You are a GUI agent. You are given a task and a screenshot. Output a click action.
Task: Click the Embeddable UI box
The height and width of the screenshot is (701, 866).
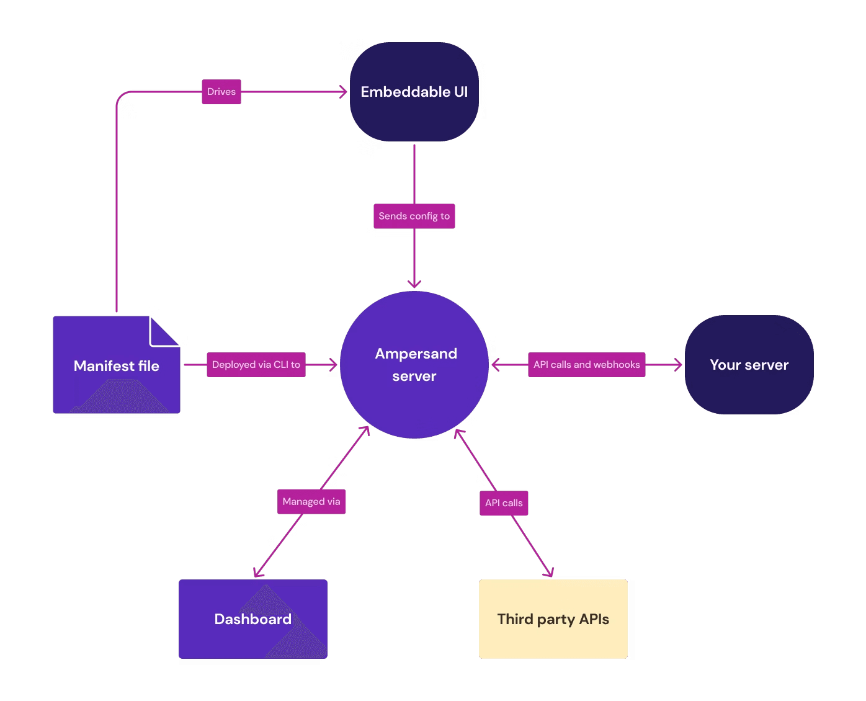(414, 92)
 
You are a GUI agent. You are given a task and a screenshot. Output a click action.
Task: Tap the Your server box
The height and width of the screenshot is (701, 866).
(749, 365)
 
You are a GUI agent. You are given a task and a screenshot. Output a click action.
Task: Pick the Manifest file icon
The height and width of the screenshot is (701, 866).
(116, 366)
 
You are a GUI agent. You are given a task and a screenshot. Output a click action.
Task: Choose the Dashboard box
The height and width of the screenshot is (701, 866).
(252, 619)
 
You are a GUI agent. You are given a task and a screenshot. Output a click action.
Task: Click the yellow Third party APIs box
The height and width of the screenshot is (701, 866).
(553, 619)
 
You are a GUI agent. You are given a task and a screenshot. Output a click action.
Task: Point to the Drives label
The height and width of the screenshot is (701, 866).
(221, 92)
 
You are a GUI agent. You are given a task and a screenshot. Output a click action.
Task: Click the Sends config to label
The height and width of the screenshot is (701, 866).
(414, 216)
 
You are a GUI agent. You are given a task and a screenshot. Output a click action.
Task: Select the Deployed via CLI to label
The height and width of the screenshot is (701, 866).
(256, 365)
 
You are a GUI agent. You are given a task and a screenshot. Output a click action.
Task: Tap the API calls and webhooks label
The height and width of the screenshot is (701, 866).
(586, 365)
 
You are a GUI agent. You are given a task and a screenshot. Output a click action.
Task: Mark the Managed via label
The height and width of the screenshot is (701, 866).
(311, 501)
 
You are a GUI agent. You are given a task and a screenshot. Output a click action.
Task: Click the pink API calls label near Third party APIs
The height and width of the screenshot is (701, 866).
(504, 502)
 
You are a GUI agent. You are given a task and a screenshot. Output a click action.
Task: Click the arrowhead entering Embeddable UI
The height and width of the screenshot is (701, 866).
(342, 92)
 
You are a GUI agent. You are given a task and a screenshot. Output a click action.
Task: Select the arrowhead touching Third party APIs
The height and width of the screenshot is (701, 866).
(548, 573)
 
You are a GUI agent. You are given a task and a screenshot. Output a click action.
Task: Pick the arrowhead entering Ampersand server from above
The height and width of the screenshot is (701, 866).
(414, 284)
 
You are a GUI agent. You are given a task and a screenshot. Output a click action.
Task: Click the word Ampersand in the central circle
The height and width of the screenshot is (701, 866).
(416, 354)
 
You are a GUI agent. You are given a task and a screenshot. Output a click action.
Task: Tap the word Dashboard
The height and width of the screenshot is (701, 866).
(252, 619)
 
